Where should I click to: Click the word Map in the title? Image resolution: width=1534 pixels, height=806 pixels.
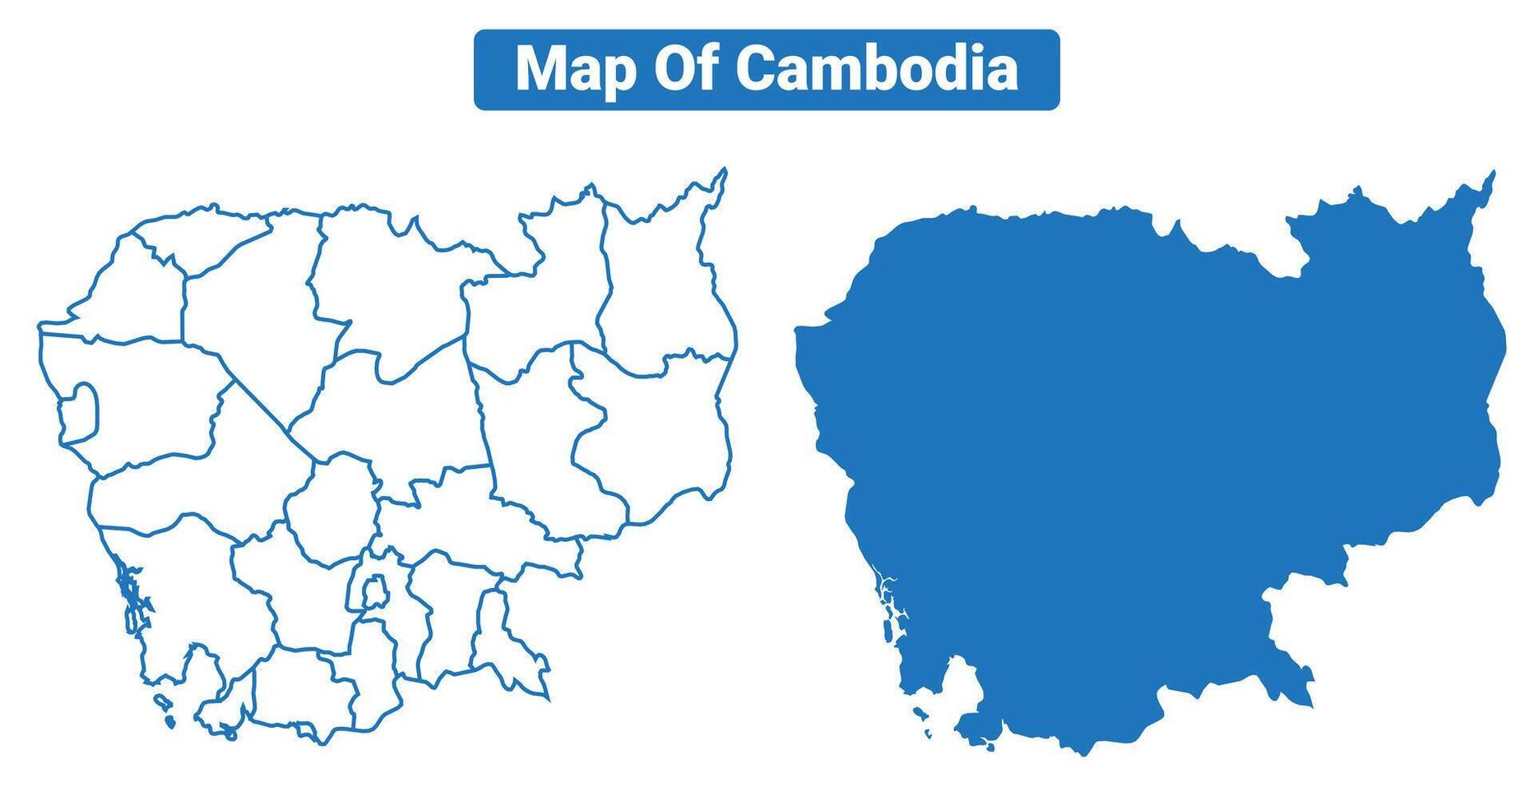[x=575, y=69]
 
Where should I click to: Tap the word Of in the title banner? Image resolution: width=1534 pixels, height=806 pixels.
[x=685, y=69]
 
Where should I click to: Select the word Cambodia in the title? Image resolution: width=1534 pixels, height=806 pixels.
[x=876, y=69]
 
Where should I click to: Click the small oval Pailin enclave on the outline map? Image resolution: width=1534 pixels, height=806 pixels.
[x=82, y=410]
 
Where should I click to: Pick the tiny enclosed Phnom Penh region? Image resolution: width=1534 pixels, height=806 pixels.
[x=375, y=592]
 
